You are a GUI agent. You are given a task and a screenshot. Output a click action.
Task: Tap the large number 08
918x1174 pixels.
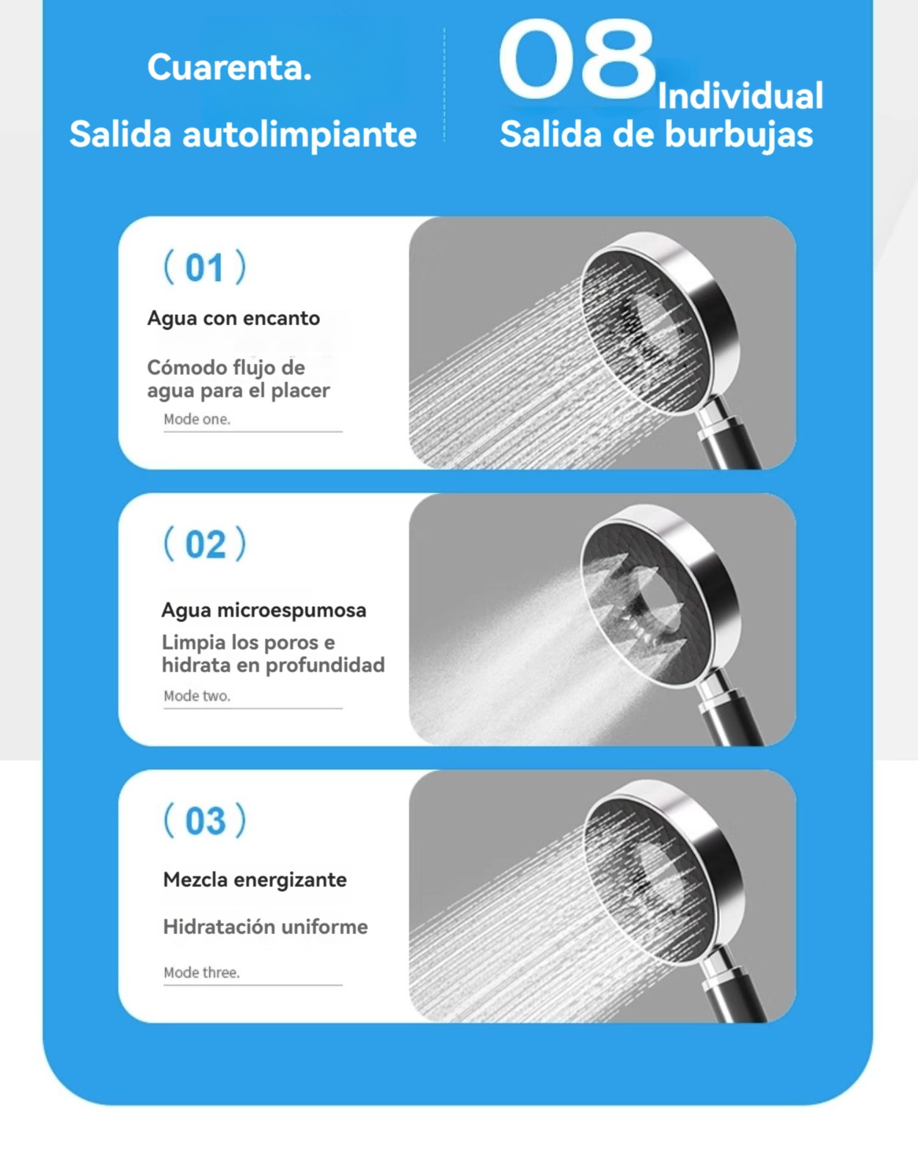pyautogui.click(x=577, y=59)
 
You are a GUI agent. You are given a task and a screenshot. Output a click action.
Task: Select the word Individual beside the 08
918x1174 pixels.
pyautogui.click(x=740, y=95)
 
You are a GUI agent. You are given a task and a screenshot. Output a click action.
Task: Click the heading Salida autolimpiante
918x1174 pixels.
pyautogui.click(x=243, y=134)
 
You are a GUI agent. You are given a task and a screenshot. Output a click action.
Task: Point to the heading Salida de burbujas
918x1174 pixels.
pyautogui.click(x=657, y=134)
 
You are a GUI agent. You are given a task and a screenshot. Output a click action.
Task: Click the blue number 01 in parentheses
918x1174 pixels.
pyautogui.click(x=204, y=267)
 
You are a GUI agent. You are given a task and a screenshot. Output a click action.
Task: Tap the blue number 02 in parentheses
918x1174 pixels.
pyautogui.click(x=205, y=544)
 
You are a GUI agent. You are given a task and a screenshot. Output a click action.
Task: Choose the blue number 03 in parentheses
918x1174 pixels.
pyautogui.click(x=205, y=820)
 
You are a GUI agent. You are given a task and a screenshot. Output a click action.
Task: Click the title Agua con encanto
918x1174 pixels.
pyautogui.click(x=233, y=318)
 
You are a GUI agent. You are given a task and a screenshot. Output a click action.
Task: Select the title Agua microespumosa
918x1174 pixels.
pyautogui.click(x=263, y=610)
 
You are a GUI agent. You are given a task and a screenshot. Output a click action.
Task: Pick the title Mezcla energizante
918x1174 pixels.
pyautogui.click(x=255, y=880)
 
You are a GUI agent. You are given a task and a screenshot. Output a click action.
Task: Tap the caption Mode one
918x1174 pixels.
pyautogui.click(x=197, y=419)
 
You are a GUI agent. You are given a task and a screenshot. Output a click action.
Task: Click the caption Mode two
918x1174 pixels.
pyautogui.click(x=197, y=696)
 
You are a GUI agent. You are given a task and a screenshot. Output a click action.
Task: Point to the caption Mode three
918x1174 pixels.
pyautogui.click(x=202, y=972)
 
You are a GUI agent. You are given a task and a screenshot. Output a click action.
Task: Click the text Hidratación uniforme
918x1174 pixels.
pyautogui.click(x=266, y=927)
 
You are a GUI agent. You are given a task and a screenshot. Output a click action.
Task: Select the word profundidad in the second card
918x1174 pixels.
pyautogui.click(x=325, y=665)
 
